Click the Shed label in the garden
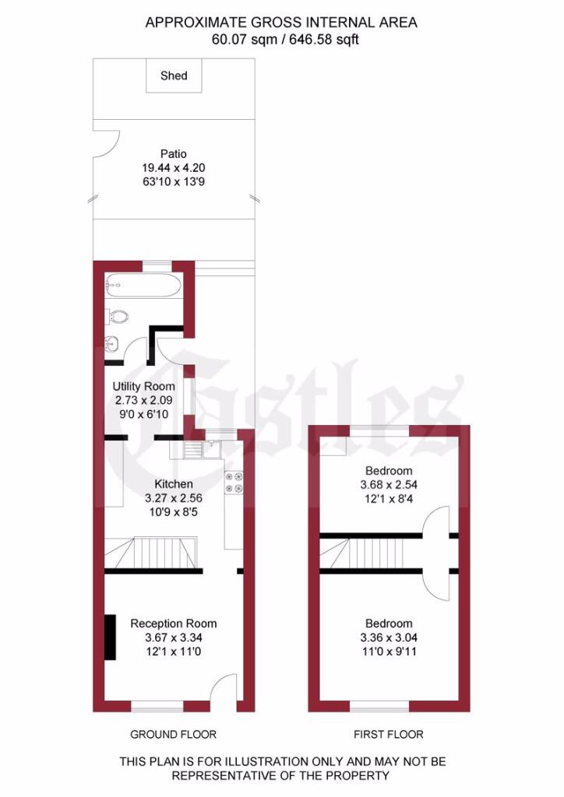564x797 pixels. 174,75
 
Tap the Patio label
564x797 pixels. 174,153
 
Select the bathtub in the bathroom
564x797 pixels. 141,286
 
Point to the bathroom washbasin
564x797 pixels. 112,345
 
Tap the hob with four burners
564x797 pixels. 234,483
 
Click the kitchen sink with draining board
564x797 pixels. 202,449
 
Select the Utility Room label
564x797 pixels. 143,386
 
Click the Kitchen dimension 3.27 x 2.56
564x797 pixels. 174,498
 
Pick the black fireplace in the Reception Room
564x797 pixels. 110,637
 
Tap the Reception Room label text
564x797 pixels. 174,623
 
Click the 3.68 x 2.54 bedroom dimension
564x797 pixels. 389,485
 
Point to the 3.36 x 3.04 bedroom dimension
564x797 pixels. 389,637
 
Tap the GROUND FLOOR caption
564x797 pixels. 174,735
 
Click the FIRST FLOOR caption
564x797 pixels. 389,735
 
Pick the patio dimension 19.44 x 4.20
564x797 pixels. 174,168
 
